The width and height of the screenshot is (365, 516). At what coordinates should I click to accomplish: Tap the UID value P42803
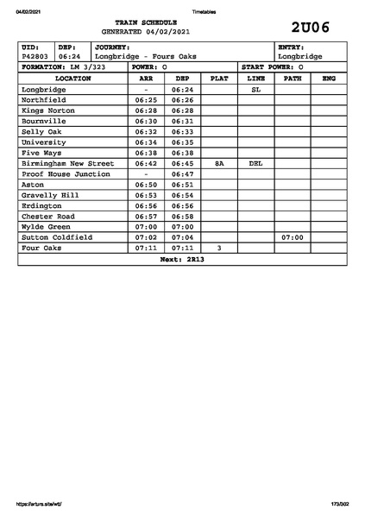click(x=35, y=56)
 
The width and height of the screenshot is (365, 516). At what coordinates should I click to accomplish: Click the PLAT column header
click(x=219, y=79)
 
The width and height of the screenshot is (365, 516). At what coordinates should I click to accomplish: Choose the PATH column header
click(x=293, y=79)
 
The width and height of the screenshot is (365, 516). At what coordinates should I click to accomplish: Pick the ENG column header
click(x=328, y=79)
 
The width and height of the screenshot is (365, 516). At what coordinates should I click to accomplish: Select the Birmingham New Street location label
click(x=67, y=163)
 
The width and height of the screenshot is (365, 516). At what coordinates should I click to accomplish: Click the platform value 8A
click(x=219, y=163)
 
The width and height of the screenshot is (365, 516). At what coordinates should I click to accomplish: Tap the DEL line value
click(x=255, y=163)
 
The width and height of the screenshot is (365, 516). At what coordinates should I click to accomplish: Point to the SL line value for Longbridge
click(x=255, y=89)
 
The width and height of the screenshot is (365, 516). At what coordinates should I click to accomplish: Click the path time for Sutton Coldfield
click(x=293, y=237)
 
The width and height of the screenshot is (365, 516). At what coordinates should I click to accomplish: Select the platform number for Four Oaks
click(x=219, y=248)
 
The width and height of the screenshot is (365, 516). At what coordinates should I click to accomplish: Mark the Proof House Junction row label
click(x=66, y=173)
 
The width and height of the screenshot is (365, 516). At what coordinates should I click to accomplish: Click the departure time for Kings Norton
click(x=182, y=110)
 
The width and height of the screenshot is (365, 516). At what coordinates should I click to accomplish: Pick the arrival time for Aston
click(x=146, y=185)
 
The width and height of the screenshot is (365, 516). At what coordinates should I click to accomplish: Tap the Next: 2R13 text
click(x=182, y=259)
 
